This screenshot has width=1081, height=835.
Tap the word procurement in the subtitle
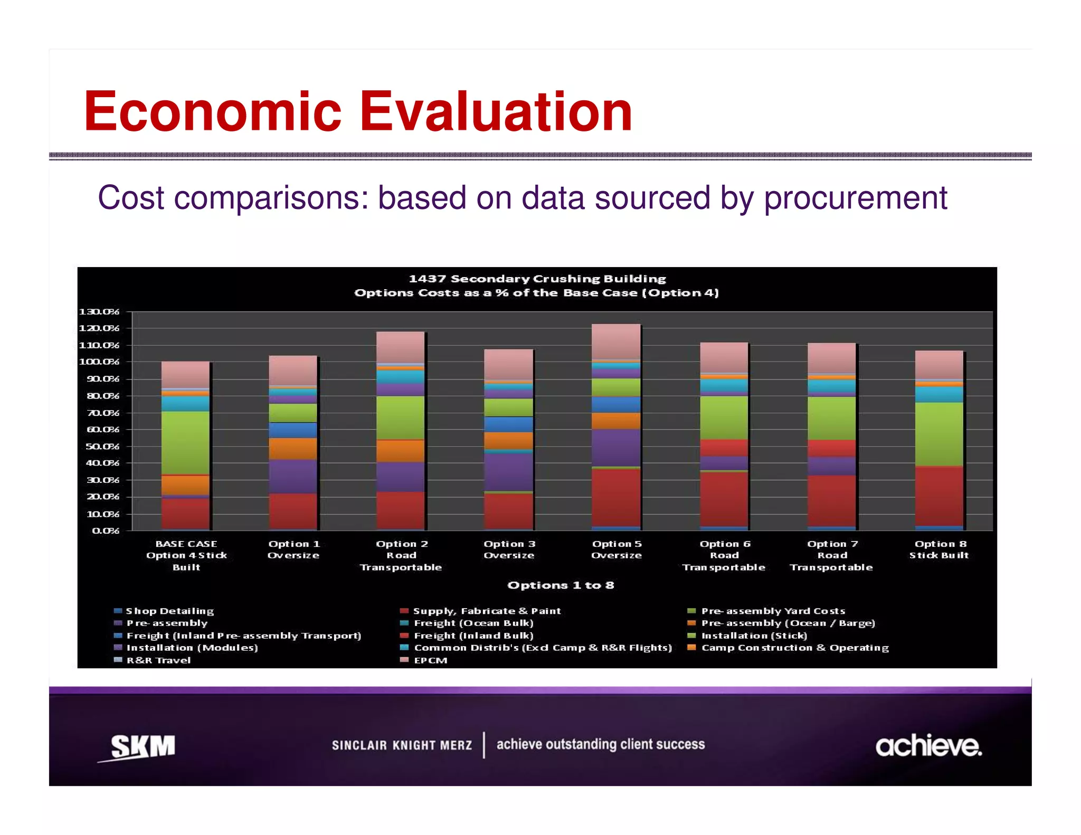tap(855, 198)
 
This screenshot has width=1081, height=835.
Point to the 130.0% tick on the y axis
tap(99, 311)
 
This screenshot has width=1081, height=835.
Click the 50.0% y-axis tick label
tap(99, 447)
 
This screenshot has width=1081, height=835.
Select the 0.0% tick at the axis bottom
tap(105, 530)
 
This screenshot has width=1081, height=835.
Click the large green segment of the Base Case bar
tap(185, 442)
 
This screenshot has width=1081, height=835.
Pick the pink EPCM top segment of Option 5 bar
tap(616, 341)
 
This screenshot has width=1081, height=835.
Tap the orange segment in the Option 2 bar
tap(400, 451)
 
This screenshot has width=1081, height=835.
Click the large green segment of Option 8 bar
tap(939, 434)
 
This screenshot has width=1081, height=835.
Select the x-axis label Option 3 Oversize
tap(509, 549)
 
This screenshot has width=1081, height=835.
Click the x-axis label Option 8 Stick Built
tap(939, 549)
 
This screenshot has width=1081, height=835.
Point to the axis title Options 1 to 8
tap(561, 585)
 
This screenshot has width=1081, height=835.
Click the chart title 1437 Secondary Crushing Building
tap(537, 279)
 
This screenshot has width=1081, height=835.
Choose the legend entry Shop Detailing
tap(169, 611)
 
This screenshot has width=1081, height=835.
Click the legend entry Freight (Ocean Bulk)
tap(473, 623)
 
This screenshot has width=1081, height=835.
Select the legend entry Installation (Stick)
tap(754, 635)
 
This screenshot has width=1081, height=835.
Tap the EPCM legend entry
tap(430, 660)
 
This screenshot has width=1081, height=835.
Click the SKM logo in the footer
tap(141, 747)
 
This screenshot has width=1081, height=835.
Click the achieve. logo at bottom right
tap(928, 746)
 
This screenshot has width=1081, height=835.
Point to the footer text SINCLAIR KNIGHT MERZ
tap(402, 745)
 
